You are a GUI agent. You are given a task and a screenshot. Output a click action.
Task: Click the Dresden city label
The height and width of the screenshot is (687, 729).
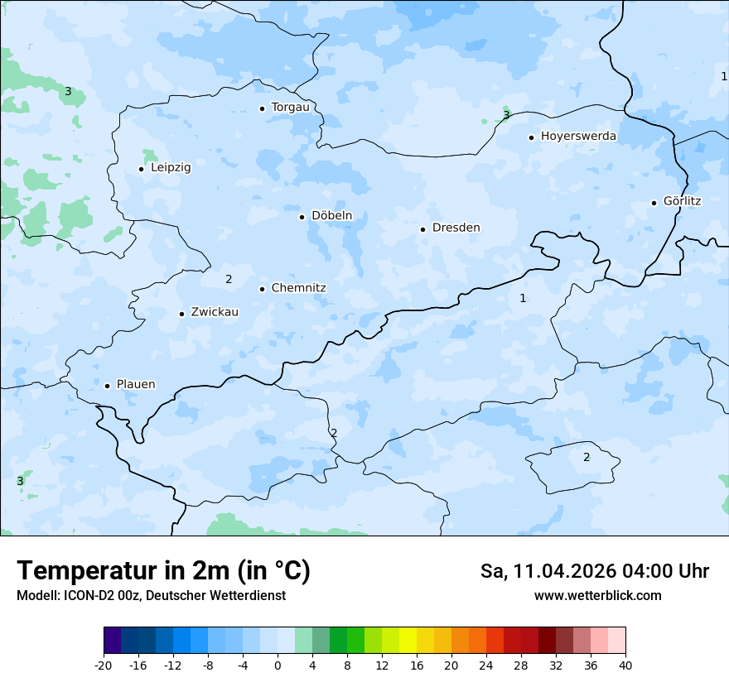(456, 228)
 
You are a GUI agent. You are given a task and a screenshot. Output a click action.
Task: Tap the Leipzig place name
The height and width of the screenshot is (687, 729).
(171, 167)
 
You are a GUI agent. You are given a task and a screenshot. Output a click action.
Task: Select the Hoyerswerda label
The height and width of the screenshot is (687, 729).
(578, 136)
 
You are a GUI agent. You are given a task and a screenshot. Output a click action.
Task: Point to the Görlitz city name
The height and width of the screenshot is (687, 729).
(682, 201)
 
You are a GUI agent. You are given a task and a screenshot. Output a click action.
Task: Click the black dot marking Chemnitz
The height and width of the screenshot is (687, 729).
(263, 289)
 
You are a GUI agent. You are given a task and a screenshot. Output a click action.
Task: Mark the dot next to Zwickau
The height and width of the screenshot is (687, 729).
(182, 314)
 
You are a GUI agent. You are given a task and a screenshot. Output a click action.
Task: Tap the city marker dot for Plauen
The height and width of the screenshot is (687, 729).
(108, 386)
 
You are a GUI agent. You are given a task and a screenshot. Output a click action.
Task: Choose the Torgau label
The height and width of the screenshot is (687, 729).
(290, 107)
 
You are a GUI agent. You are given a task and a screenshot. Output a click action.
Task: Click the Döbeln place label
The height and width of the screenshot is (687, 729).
(331, 216)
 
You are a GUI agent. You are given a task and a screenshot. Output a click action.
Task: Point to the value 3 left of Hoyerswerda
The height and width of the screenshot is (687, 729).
(506, 115)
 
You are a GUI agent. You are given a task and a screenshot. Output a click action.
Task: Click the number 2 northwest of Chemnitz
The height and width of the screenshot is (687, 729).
(229, 279)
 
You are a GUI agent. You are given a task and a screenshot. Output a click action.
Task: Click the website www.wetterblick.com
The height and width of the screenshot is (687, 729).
(597, 595)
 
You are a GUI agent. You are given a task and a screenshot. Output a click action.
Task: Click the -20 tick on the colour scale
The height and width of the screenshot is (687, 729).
(104, 665)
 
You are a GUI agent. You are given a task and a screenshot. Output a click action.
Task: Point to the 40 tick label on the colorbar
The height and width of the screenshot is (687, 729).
(625, 665)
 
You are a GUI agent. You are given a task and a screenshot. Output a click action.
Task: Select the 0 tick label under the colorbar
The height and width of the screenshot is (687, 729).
(278, 665)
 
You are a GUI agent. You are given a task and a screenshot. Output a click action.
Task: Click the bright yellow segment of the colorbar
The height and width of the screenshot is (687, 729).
(408, 641)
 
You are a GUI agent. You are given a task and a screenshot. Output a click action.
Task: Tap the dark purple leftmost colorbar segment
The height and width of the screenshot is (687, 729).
(113, 641)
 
